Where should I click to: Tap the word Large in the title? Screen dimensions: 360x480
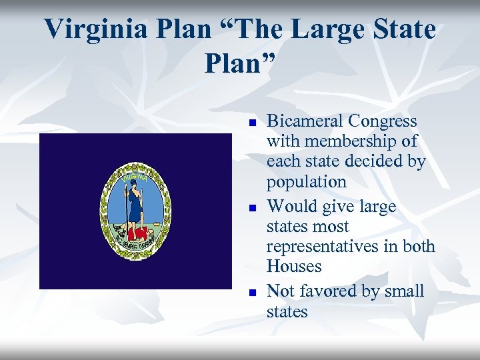321,29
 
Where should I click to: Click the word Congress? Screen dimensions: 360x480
386,121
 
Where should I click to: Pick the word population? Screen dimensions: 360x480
307,182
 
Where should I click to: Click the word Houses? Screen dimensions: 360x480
294,267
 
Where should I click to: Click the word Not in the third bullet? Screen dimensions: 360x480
279,291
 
